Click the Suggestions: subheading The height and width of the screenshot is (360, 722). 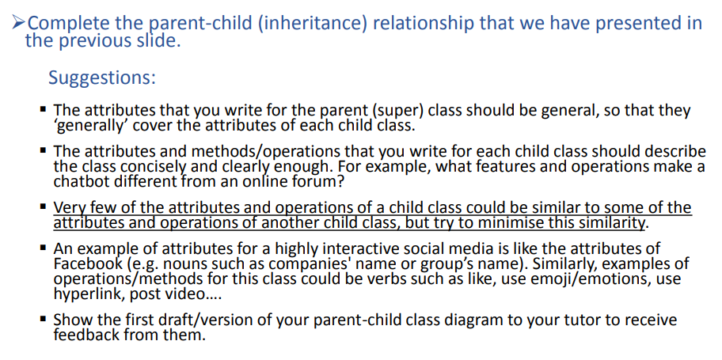click(x=101, y=78)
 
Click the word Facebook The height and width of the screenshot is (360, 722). click(x=86, y=263)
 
